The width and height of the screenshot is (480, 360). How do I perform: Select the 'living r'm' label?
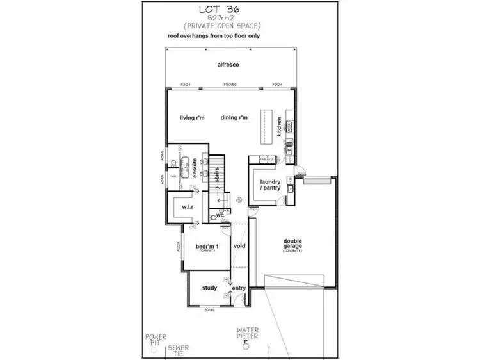tap(191, 117)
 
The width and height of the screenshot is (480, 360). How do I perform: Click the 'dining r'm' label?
tap(233, 117)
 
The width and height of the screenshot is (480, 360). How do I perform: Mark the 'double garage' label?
tap(295, 244)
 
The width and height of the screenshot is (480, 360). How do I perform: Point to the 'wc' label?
tap(219, 215)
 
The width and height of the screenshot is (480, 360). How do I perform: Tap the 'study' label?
tap(209, 288)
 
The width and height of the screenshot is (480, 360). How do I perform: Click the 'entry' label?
tap(238, 288)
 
